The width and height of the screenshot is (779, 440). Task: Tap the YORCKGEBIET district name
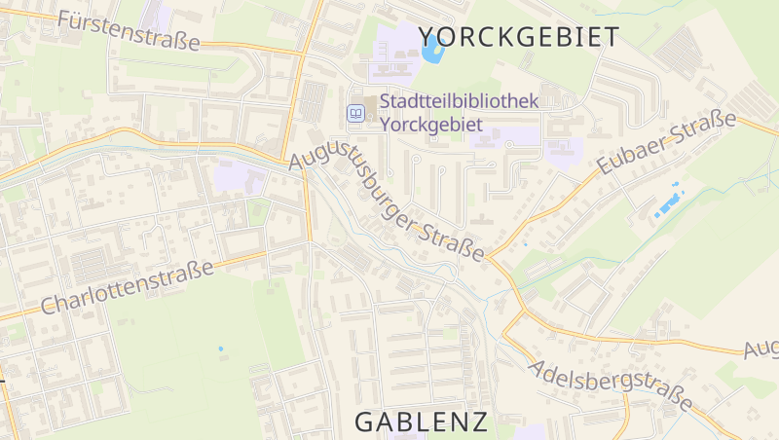pyautogui.click(x=519, y=37)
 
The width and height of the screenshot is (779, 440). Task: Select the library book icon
pyautogui.click(x=357, y=114)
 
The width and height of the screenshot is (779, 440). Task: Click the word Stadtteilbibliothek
pyautogui.click(x=460, y=101)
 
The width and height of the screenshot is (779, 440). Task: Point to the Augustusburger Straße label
pyautogui.click(x=388, y=202)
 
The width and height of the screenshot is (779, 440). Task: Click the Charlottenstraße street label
pyautogui.click(x=128, y=287)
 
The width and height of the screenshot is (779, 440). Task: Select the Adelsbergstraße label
pyautogui.click(x=612, y=384)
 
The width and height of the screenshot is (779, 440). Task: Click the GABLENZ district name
pyautogui.click(x=421, y=422)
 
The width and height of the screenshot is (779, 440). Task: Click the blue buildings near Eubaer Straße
pyautogui.click(x=667, y=204)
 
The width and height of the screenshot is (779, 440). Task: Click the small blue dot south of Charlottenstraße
pyautogui.click(x=221, y=348)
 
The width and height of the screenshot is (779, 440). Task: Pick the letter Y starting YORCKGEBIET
pyautogui.click(x=427, y=37)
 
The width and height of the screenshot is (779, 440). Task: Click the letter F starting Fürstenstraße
pyautogui.click(x=66, y=18)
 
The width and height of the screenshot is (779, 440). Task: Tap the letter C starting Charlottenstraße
pyautogui.click(x=50, y=308)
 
